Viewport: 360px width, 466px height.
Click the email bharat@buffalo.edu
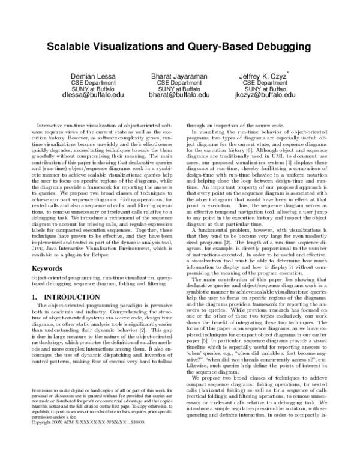179,95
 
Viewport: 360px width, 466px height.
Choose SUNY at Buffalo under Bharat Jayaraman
179,88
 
